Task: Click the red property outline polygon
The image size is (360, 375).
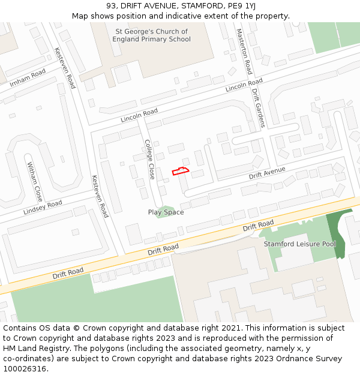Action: [181, 171]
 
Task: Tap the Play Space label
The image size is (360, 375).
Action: [166, 212]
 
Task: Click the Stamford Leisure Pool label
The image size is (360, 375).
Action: [300, 244]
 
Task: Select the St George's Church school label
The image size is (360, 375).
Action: [151, 35]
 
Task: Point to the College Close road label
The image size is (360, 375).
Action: [150, 160]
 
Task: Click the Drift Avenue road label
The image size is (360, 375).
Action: [267, 174]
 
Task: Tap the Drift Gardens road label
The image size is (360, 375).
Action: [258, 108]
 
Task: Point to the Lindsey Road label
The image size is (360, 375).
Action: [43, 208]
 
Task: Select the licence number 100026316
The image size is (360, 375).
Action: [26, 369]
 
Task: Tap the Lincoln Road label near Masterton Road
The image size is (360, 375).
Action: [244, 86]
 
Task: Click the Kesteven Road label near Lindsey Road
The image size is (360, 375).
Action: [99, 196]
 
